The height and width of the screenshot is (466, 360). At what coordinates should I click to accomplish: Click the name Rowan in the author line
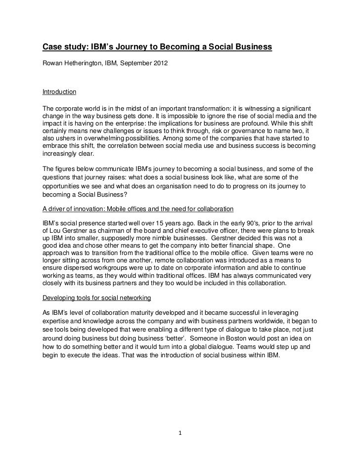coord(52,64)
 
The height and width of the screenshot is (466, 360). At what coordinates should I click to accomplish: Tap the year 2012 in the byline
coord(161,64)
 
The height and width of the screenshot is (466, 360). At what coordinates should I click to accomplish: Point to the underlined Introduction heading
coord(59,92)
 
